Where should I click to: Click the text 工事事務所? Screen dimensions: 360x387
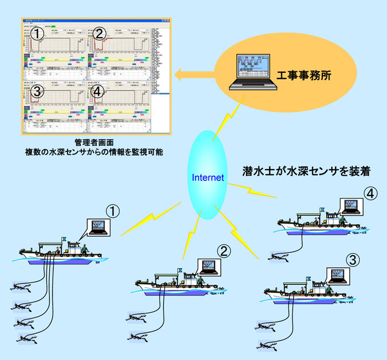pos(304,76)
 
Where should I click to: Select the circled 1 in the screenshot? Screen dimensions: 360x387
pos(37,35)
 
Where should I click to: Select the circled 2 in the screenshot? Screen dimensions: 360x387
pos(100,35)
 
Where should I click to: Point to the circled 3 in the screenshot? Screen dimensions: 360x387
pos(37,92)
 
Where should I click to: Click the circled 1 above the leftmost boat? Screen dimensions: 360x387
pos(113,211)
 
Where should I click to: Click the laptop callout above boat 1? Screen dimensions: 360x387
pos(98,226)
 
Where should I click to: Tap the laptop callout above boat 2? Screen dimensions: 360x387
pos(208,267)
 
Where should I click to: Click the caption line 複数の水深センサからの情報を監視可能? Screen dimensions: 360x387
pos(97,151)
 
